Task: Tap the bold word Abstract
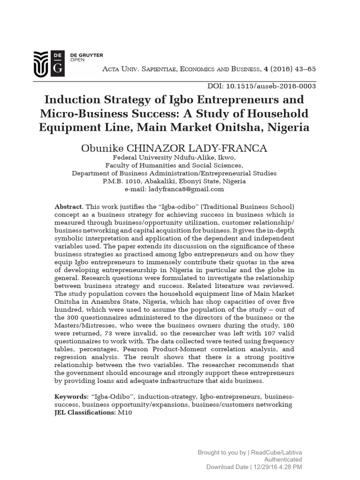pos(69,207)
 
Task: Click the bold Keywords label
pos(71,397)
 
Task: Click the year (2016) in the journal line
pos(272,69)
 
